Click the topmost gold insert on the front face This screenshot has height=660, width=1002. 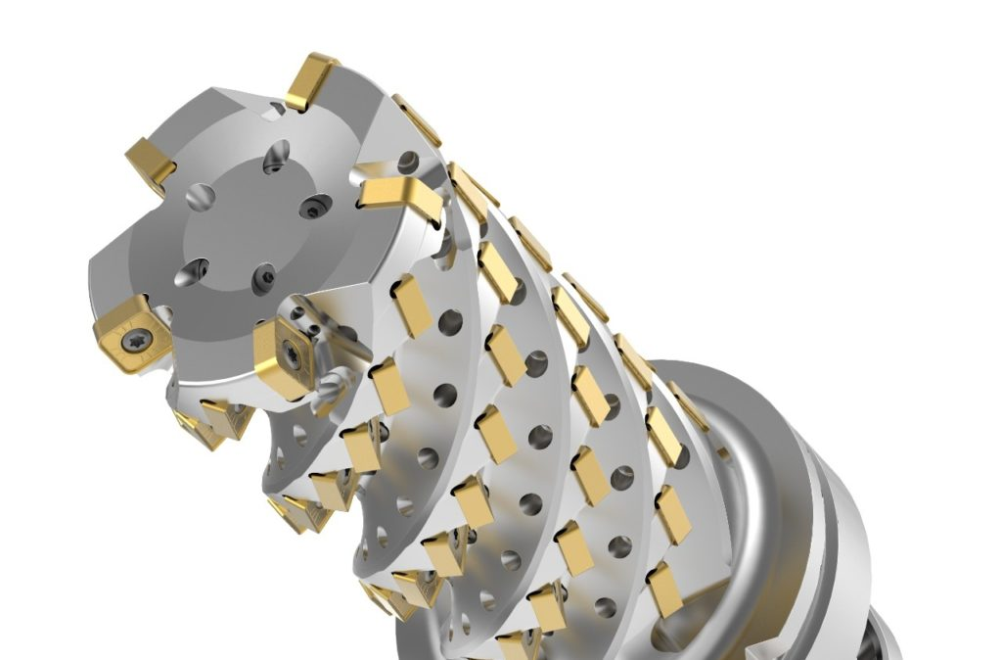[x=312, y=81]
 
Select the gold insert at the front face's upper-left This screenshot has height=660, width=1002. [x=152, y=164]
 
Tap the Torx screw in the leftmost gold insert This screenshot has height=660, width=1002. [x=131, y=342]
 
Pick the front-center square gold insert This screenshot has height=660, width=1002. [x=287, y=357]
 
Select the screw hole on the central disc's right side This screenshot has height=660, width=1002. [x=313, y=208]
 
